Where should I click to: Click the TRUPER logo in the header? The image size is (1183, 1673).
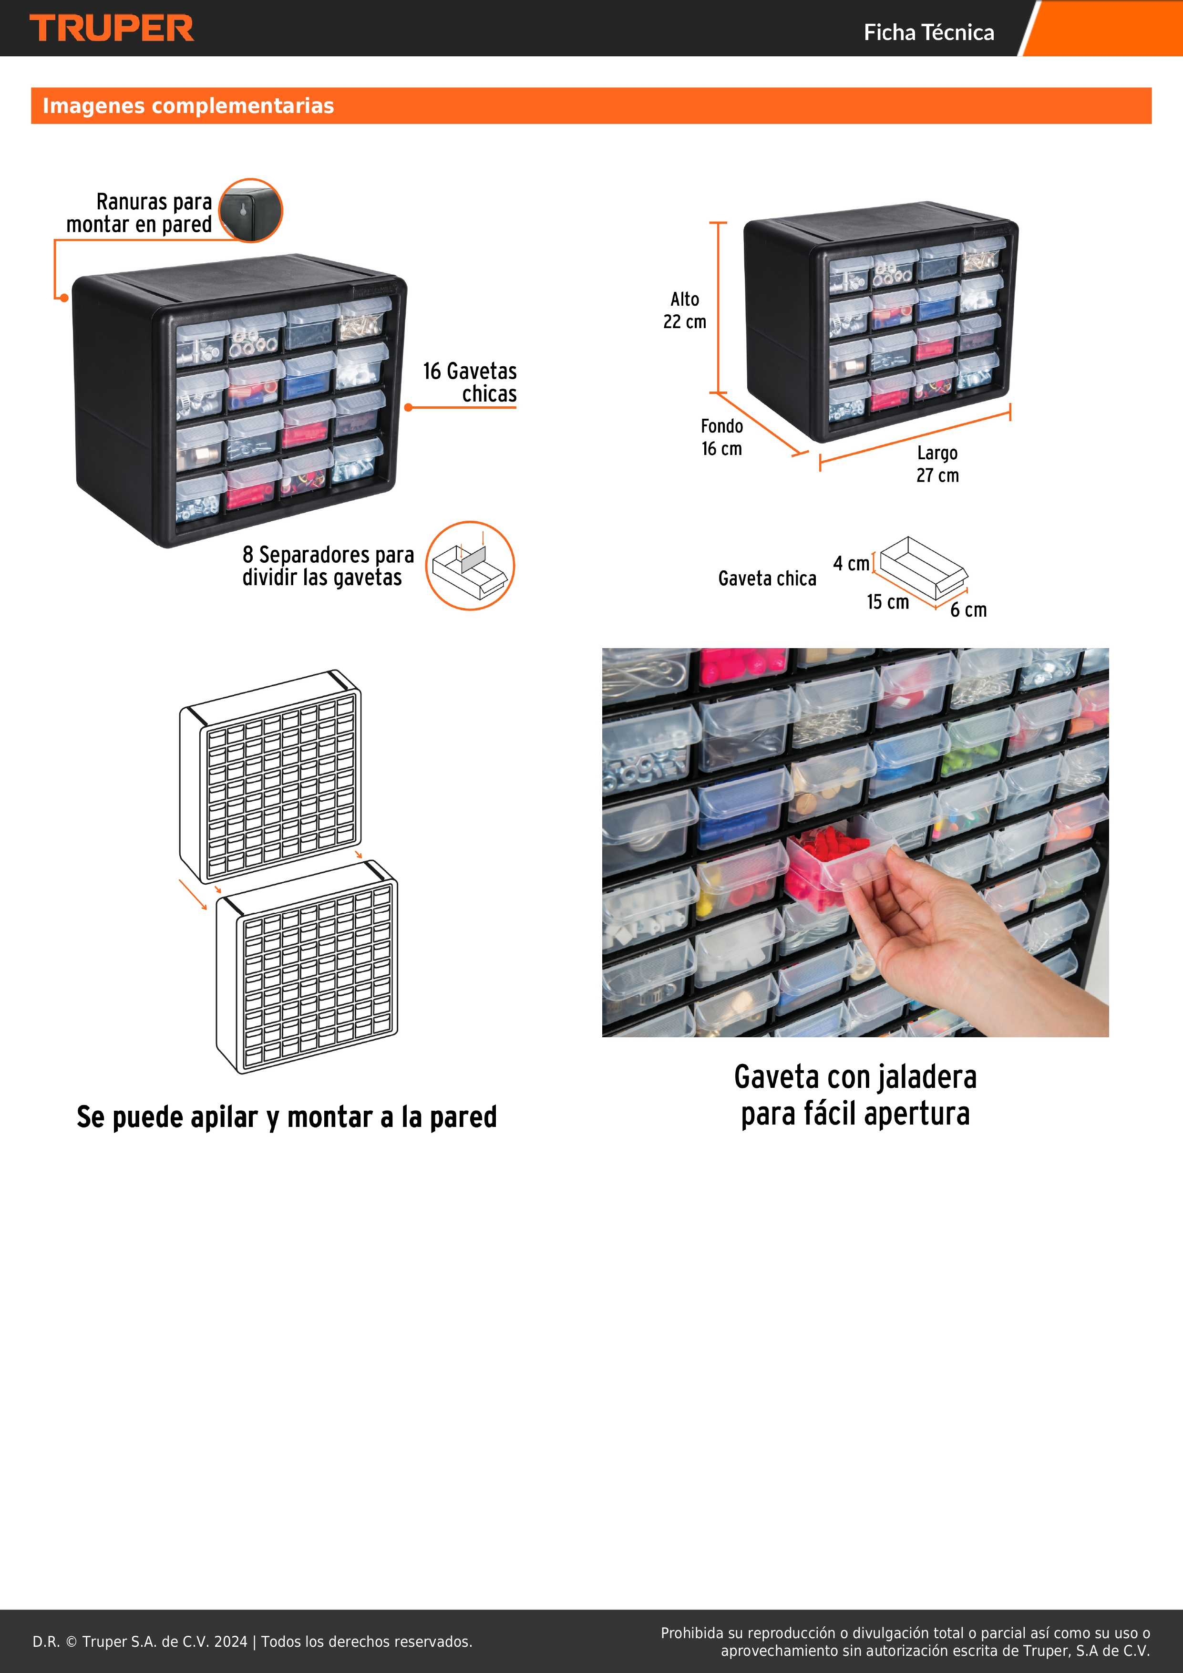112,29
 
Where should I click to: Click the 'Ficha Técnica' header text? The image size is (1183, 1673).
929,32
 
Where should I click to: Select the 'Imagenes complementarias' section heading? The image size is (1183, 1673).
188,106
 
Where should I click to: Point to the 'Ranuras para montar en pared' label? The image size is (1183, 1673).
139,213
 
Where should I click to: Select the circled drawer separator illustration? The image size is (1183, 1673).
470,566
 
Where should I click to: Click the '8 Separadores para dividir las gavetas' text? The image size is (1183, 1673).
328,566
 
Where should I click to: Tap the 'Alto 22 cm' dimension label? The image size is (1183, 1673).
685,310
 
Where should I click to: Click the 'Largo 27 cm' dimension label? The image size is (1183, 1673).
937,464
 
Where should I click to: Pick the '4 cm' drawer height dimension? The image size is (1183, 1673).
851,563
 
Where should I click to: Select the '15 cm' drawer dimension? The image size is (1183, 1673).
887,602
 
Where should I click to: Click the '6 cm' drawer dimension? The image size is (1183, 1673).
968,610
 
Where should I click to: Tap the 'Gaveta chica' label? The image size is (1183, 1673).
767,578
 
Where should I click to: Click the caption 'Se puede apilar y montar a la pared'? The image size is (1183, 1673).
287,1117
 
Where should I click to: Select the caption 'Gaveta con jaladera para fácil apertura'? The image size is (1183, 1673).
855,1095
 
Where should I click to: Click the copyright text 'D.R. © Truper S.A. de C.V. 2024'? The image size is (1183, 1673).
140,1642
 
